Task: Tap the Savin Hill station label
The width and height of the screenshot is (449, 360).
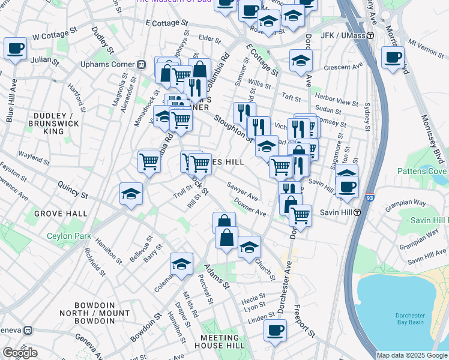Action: (334, 212)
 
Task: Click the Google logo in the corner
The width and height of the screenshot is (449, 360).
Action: (20, 352)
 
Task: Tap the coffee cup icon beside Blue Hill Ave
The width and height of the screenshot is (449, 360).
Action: (15, 48)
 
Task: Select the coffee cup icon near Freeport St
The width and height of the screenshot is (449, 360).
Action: (275, 330)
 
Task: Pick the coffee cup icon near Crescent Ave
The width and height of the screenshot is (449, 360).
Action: (393, 58)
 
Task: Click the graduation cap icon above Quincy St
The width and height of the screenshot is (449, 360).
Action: (131, 194)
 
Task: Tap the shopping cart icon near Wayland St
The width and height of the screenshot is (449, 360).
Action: (149, 161)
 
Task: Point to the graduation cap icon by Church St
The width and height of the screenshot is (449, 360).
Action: (249, 247)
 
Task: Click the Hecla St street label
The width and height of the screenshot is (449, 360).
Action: (254, 297)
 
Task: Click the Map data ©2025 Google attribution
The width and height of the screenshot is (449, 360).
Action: (411, 355)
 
